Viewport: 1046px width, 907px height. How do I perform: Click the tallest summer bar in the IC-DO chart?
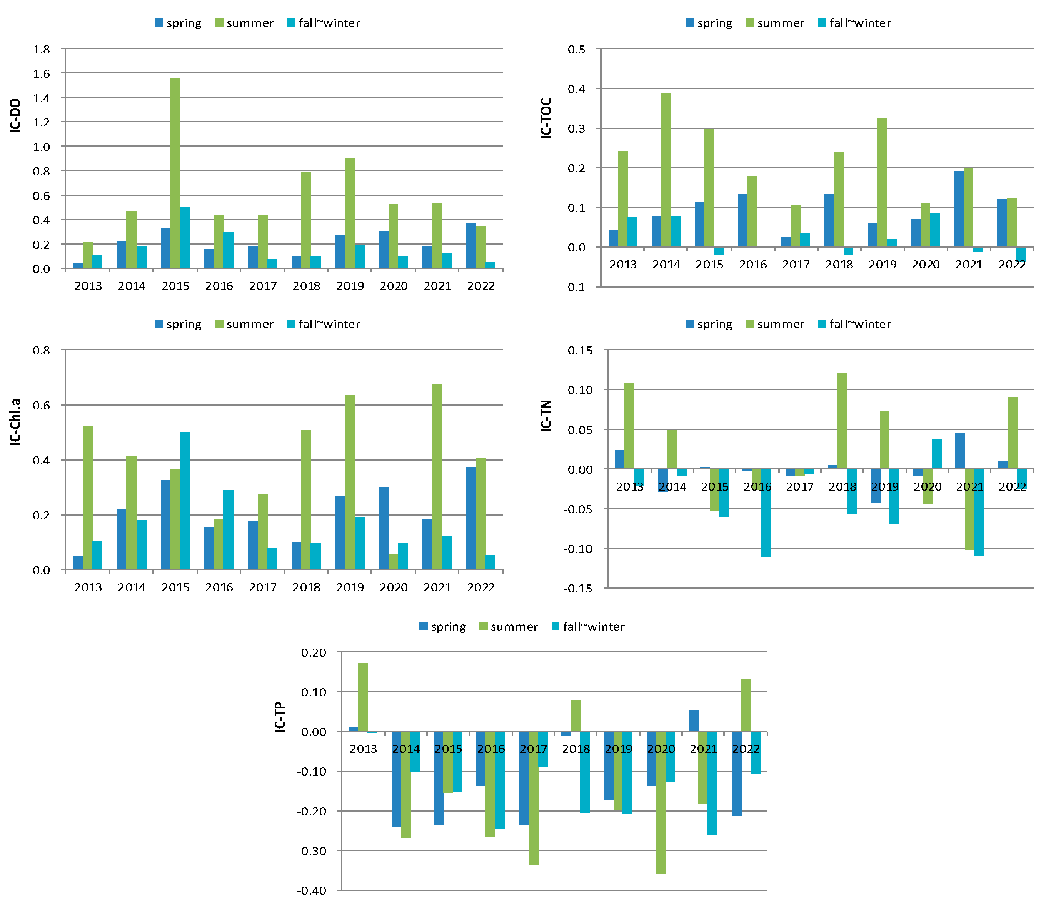click(175, 172)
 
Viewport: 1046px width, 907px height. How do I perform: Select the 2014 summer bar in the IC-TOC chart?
click(666, 170)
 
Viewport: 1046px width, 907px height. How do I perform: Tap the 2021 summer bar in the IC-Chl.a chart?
click(437, 476)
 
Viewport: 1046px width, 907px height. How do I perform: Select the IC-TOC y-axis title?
click(546, 118)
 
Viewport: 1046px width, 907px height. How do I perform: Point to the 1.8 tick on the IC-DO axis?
click(42, 50)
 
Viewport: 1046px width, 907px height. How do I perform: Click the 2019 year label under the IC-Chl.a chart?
click(350, 587)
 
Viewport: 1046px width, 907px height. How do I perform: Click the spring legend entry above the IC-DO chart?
click(178, 23)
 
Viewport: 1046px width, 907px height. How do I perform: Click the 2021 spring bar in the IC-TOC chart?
click(958, 208)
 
